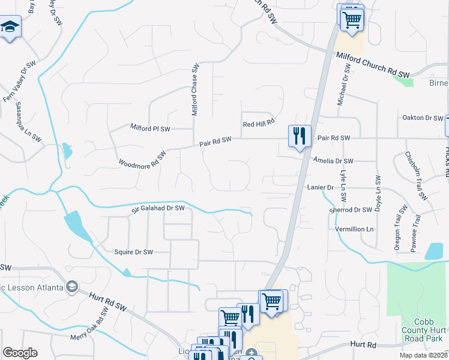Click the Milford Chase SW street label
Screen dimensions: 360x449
coord(195,90)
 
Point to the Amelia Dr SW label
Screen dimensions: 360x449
coord(334,161)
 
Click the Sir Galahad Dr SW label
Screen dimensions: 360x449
coord(158,209)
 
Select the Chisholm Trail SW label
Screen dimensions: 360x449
coord(416,175)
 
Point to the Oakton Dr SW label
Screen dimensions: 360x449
coord(422,118)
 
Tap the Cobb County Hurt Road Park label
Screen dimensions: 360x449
coord(424,336)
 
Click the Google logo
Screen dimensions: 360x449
coord(20,353)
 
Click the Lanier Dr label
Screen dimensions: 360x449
coord(320,188)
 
